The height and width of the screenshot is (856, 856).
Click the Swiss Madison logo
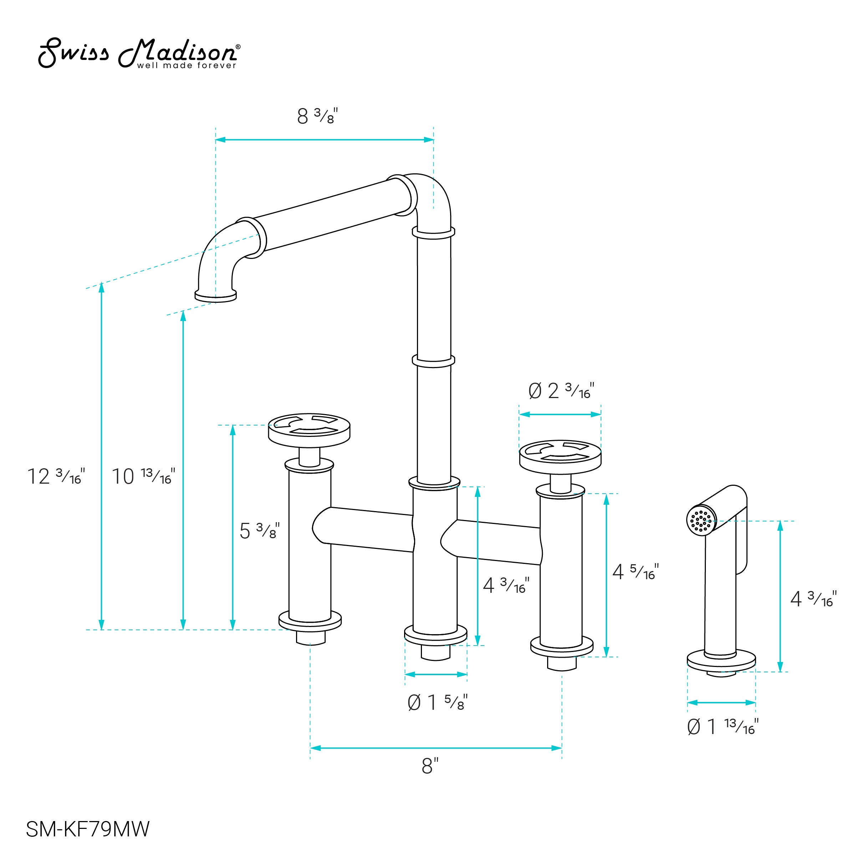pyautogui.click(x=139, y=53)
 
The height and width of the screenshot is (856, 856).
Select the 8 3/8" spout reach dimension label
pyautogui.click(x=317, y=116)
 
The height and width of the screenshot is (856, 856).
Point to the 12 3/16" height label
pyautogui.click(x=56, y=476)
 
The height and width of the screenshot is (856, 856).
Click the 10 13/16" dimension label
pyautogui.click(x=143, y=476)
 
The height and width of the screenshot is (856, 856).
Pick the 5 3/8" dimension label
pyautogui.click(x=260, y=530)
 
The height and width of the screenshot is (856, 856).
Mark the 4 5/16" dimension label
pyautogui.click(x=635, y=571)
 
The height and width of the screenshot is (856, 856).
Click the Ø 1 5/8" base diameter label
pyautogui.click(x=437, y=702)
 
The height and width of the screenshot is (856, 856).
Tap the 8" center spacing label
pyautogui.click(x=430, y=766)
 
